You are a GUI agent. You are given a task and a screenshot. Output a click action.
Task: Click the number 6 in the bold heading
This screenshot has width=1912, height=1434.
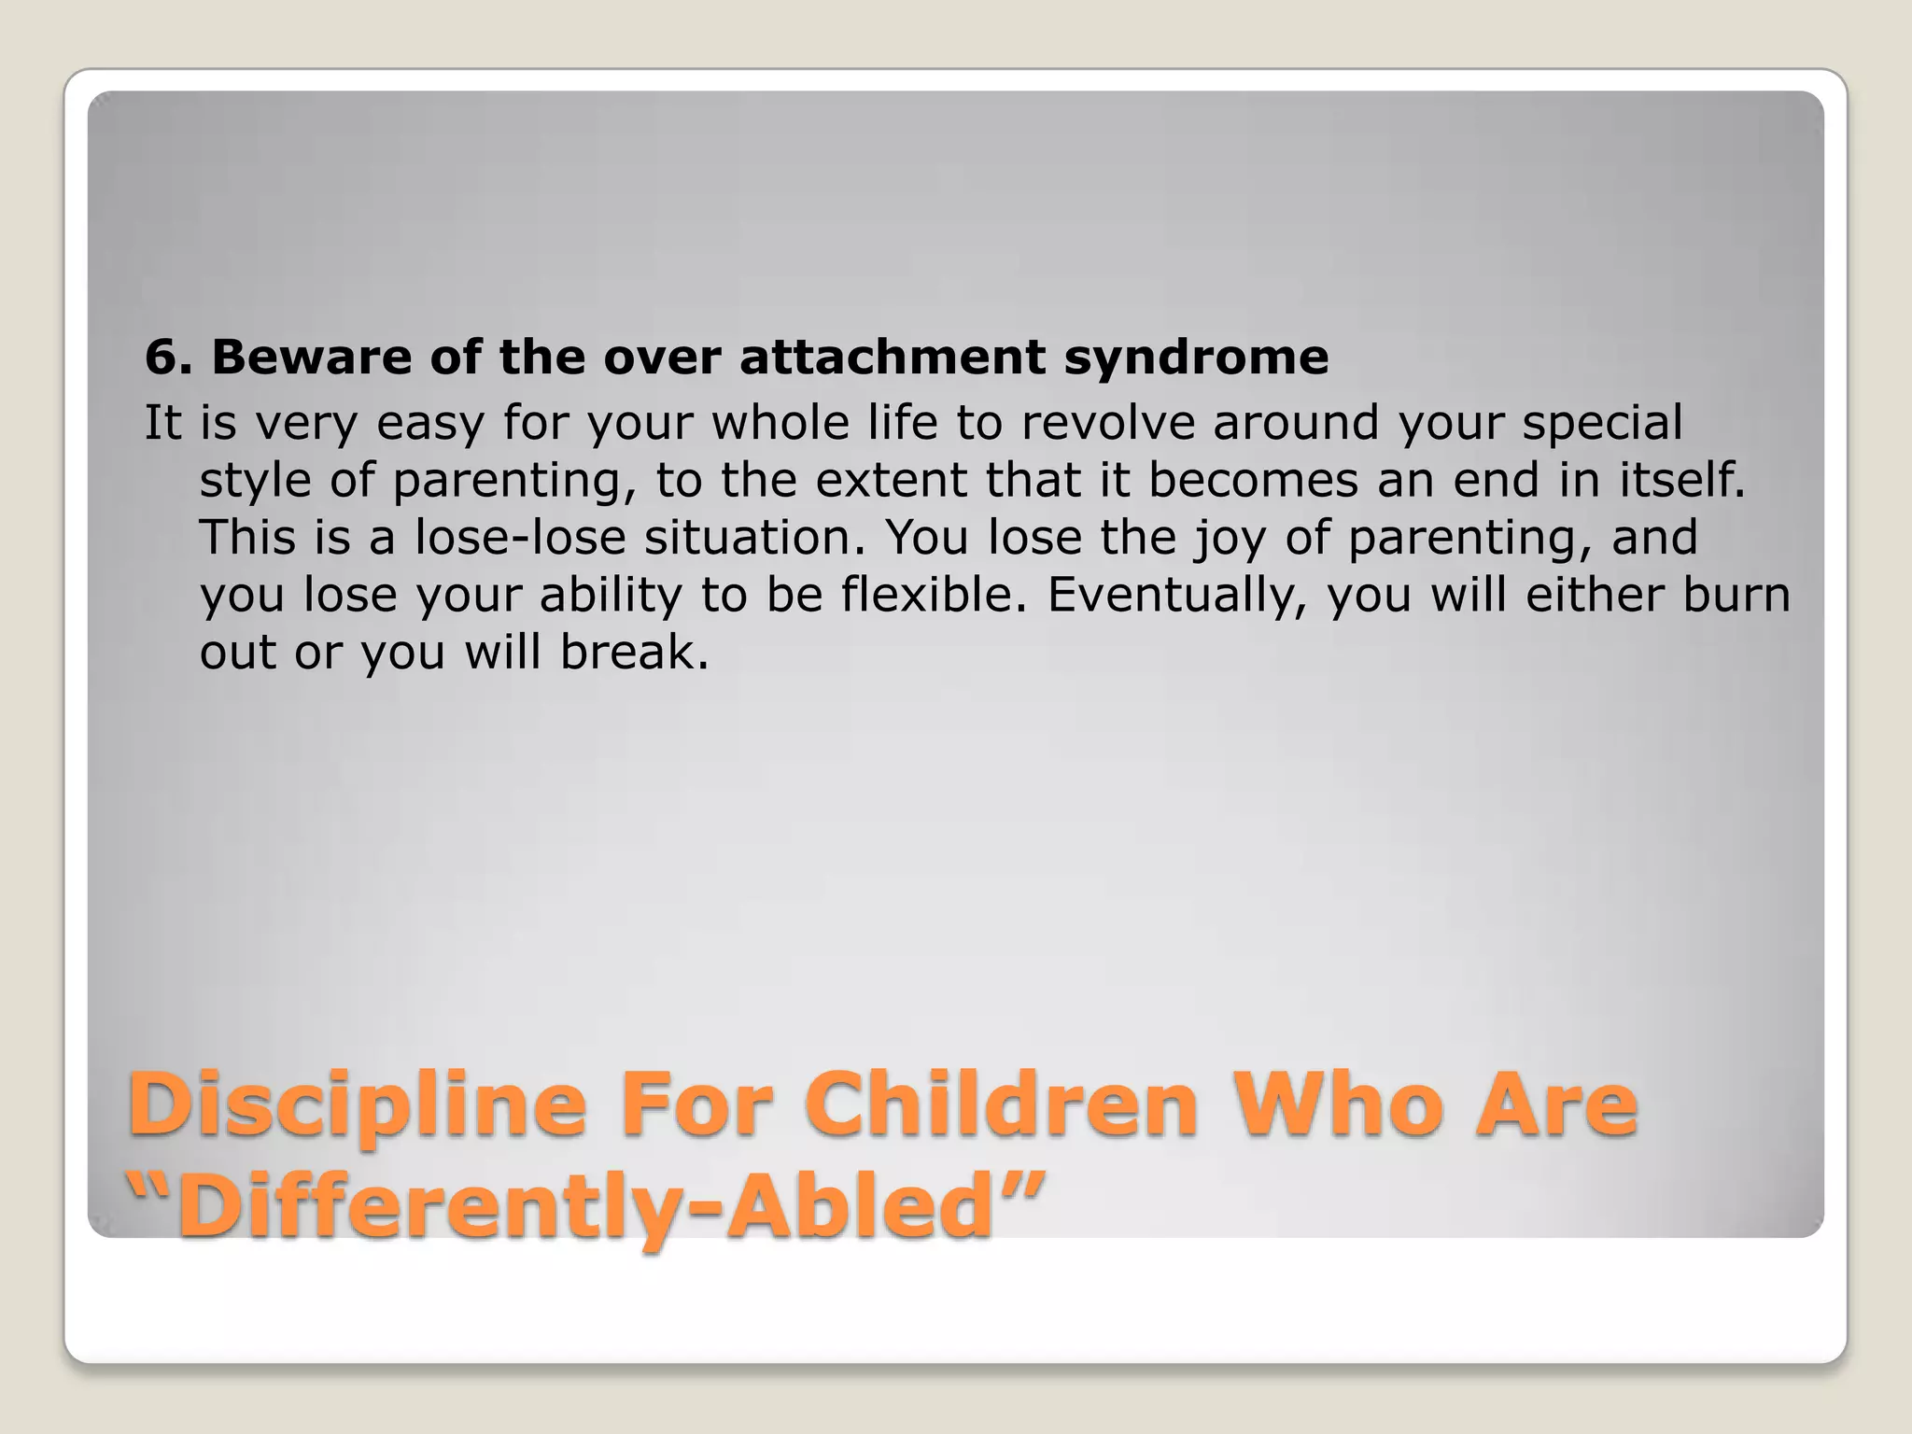point(162,358)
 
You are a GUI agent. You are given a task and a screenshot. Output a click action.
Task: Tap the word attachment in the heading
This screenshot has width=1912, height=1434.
point(893,358)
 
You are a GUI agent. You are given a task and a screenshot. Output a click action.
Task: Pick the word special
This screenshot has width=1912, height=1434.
point(1602,424)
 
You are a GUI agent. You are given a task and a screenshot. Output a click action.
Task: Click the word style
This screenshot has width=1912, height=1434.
point(255,482)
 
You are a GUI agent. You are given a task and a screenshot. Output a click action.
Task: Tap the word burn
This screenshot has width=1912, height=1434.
point(1736,595)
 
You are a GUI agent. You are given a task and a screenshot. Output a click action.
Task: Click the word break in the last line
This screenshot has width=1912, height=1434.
point(634,652)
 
